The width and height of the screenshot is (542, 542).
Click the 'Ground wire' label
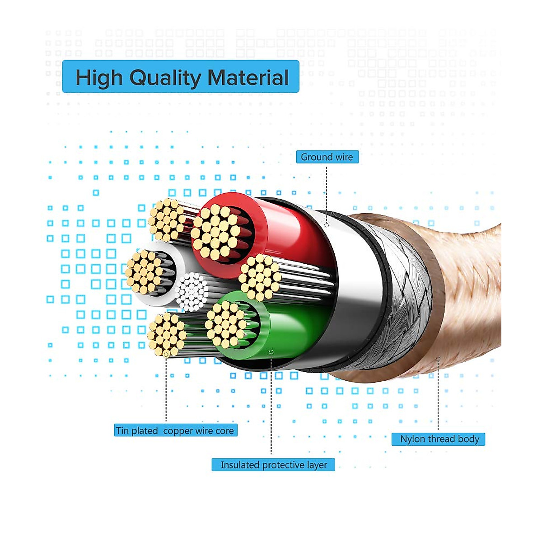tap(327, 157)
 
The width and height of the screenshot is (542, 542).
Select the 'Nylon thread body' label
tap(439, 439)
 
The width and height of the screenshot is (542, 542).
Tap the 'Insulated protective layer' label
tap(273, 465)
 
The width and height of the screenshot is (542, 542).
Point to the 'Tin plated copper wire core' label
tap(175, 430)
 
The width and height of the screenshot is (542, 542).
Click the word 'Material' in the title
tap(248, 77)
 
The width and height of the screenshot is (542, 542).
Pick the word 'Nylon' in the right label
tap(412, 439)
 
